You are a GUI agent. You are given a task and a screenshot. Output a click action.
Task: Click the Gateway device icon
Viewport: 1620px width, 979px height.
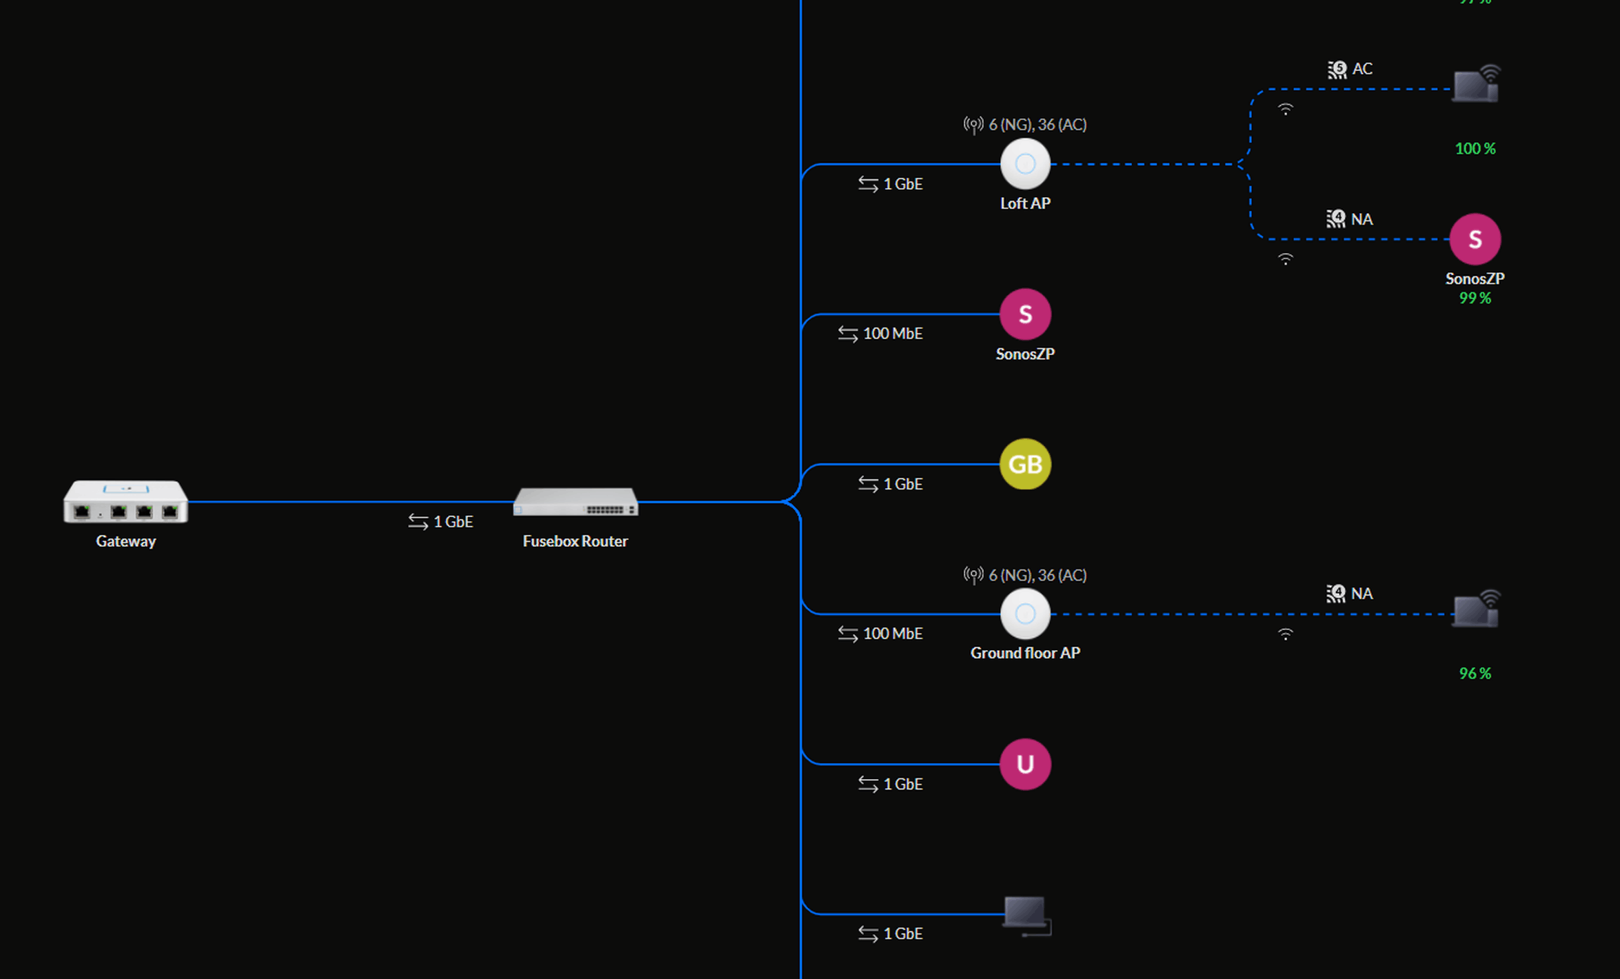point(125,501)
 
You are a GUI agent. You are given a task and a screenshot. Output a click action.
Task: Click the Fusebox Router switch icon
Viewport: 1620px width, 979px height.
point(576,501)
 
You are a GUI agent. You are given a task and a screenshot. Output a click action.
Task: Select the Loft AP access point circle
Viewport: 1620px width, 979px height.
point(1025,164)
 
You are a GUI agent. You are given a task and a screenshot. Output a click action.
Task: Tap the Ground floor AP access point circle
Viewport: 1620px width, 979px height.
point(1025,614)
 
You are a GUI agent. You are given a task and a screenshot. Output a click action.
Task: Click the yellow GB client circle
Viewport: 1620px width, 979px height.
point(1025,464)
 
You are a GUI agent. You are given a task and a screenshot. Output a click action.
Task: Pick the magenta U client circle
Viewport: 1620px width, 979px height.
point(1025,764)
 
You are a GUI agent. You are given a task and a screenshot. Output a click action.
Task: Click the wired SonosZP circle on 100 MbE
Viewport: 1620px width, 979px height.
point(1025,314)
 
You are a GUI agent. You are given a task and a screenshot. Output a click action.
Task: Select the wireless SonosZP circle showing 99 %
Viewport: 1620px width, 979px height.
point(1475,239)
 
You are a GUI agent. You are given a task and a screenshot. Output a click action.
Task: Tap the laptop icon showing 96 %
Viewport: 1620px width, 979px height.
point(1475,610)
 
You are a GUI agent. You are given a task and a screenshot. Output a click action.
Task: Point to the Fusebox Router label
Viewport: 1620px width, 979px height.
point(575,541)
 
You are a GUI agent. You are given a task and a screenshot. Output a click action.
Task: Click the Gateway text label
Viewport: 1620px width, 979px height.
point(125,541)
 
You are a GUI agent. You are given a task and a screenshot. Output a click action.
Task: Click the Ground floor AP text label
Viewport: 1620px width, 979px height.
point(1025,653)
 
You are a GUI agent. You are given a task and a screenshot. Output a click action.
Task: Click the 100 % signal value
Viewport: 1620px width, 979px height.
point(1475,148)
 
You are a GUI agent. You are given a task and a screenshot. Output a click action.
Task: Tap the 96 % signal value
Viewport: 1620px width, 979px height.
point(1475,674)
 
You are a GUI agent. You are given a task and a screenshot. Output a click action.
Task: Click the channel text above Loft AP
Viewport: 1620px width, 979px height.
point(1037,125)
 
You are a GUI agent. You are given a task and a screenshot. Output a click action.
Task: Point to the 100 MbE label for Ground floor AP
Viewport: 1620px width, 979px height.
point(892,634)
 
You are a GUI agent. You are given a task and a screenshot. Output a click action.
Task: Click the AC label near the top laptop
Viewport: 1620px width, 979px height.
point(1361,69)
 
